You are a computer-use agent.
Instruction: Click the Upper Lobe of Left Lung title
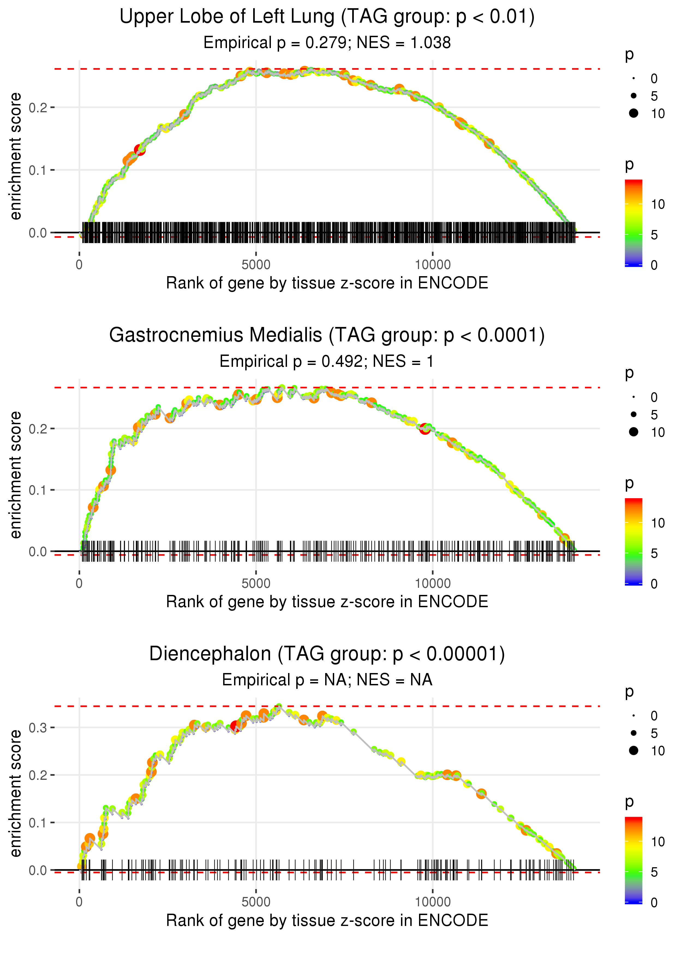point(327,17)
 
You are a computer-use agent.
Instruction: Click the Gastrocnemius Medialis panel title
point(327,335)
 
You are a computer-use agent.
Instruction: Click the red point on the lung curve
point(140,150)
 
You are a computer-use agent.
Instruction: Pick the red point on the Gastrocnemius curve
point(425,429)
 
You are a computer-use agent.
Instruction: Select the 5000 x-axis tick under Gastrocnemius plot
point(256,583)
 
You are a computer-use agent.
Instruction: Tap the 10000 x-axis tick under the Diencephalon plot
point(433,902)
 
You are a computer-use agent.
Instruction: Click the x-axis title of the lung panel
point(327,283)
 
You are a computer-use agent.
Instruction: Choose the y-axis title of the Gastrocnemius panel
point(16,475)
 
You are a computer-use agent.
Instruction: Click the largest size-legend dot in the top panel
point(634,113)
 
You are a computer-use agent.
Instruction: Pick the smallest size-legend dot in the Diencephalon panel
point(634,716)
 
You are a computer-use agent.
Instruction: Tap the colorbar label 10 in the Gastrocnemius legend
point(658,523)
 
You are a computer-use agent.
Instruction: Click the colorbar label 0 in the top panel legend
point(654,265)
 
